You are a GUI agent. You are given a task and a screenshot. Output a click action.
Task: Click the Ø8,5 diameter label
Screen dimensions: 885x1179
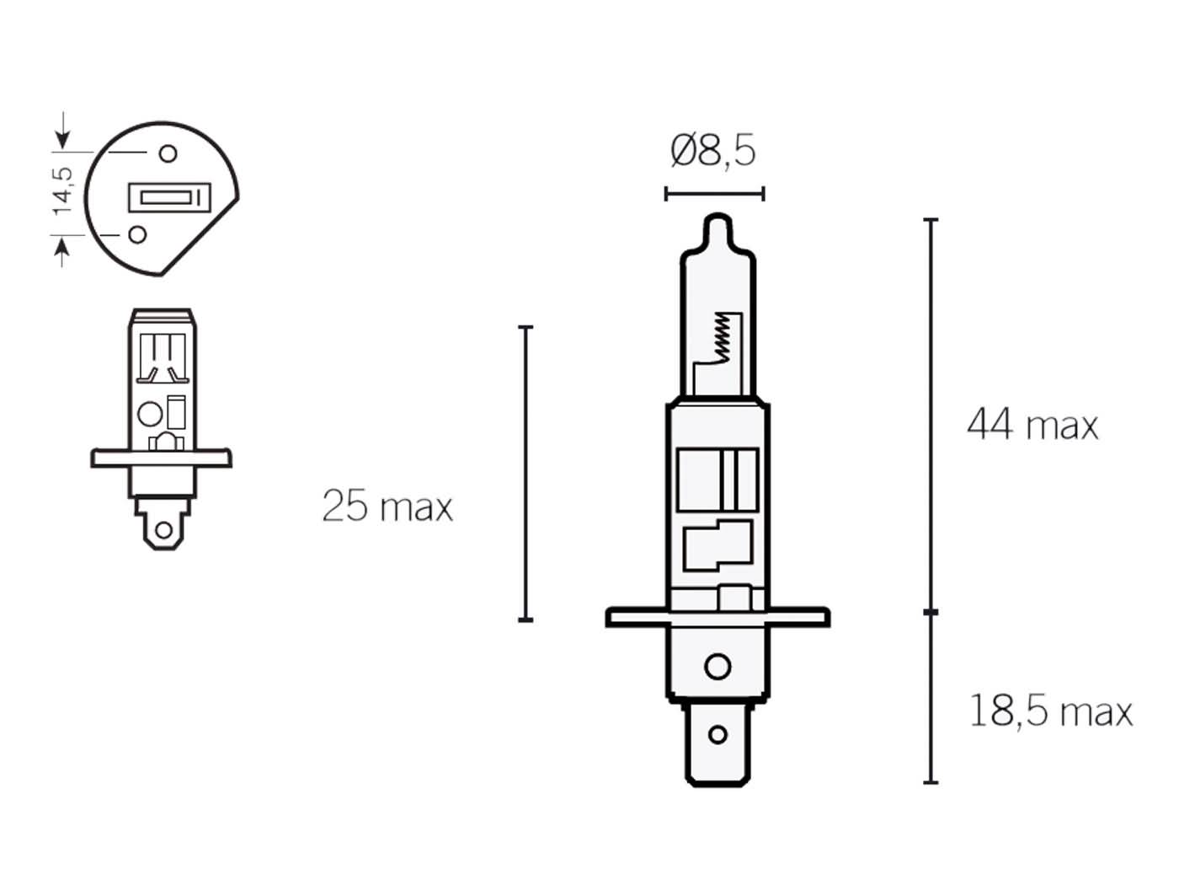click(x=712, y=152)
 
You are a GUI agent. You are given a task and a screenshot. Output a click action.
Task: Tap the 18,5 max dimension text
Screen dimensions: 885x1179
click(x=1050, y=711)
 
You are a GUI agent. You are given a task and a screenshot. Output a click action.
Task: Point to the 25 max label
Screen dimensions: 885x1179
click(x=387, y=507)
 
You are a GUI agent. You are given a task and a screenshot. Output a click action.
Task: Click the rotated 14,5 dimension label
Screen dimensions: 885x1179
click(x=63, y=190)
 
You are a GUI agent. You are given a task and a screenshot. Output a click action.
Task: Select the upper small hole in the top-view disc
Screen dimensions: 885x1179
click(x=168, y=153)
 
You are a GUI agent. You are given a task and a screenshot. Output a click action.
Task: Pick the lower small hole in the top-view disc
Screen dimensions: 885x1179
click(x=137, y=234)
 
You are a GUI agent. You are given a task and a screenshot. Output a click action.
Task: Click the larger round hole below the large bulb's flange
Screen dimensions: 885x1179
click(x=718, y=667)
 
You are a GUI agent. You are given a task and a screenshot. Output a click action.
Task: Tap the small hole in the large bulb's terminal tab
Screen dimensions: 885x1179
click(x=718, y=734)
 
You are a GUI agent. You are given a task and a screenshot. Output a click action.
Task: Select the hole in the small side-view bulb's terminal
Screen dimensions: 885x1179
click(x=163, y=531)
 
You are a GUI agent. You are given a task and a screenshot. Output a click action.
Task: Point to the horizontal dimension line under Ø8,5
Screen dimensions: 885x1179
click(x=714, y=194)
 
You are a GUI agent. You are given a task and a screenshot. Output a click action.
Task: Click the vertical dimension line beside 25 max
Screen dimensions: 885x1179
click(x=525, y=472)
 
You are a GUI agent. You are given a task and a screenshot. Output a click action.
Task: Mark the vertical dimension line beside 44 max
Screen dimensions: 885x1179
click(x=931, y=415)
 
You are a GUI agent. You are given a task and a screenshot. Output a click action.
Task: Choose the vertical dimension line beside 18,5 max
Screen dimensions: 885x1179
click(x=931, y=697)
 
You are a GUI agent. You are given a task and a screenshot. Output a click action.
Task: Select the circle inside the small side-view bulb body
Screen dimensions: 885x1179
click(x=149, y=414)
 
